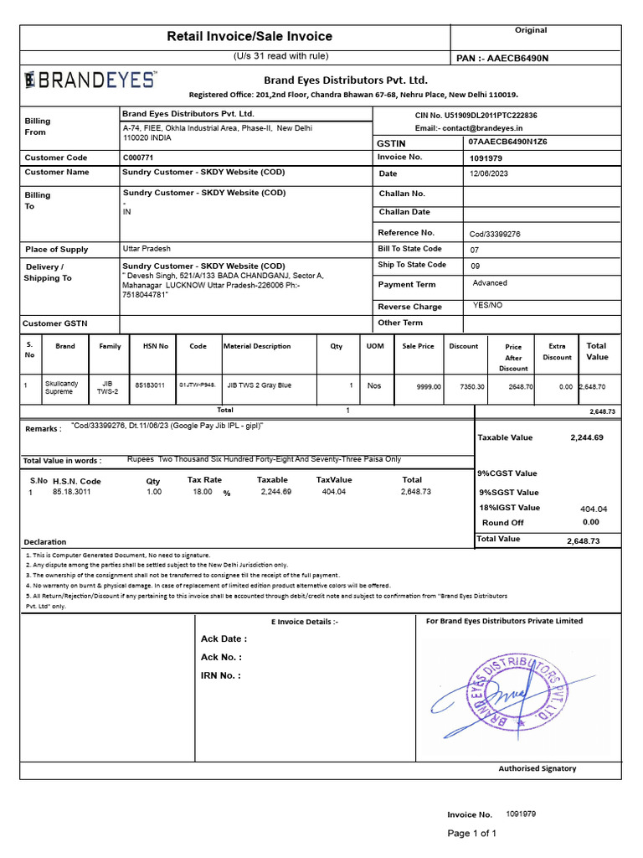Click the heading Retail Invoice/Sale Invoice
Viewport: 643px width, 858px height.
[x=249, y=36]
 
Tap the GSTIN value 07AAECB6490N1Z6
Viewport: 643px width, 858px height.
[x=508, y=142]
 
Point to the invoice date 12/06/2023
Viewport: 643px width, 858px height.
[x=489, y=173]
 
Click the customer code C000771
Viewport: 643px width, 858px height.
[x=139, y=158]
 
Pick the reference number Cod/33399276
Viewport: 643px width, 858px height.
[x=495, y=234]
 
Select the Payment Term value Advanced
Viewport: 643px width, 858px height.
[x=490, y=283]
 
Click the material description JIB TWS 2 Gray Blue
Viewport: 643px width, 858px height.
[x=260, y=385]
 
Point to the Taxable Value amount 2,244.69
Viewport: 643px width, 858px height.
[x=587, y=437]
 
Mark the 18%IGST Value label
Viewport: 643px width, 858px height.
[x=509, y=508]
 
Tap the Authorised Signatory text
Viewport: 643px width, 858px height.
[x=537, y=768]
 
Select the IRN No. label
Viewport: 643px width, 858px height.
[x=221, y=675]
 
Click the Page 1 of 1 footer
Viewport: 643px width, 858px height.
[x=472, y=833]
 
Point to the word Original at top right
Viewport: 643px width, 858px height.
[x=531, y=30]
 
